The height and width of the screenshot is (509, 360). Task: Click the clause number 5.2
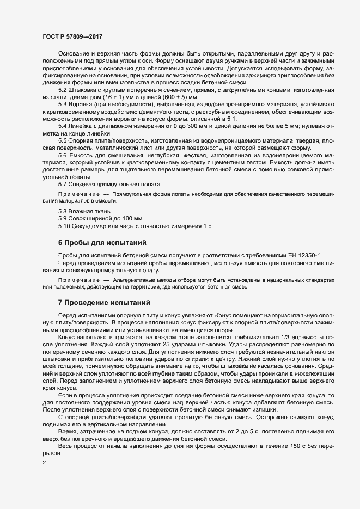(62, 89)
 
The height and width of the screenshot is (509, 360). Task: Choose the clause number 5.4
(62, 126)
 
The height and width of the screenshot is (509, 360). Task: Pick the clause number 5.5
(62, 140)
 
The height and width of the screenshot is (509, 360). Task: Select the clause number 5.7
(62, 183)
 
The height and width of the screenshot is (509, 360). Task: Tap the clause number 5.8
(62, 211)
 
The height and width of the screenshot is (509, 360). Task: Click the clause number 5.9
(62, 218)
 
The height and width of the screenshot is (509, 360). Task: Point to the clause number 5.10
(64, 225)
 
